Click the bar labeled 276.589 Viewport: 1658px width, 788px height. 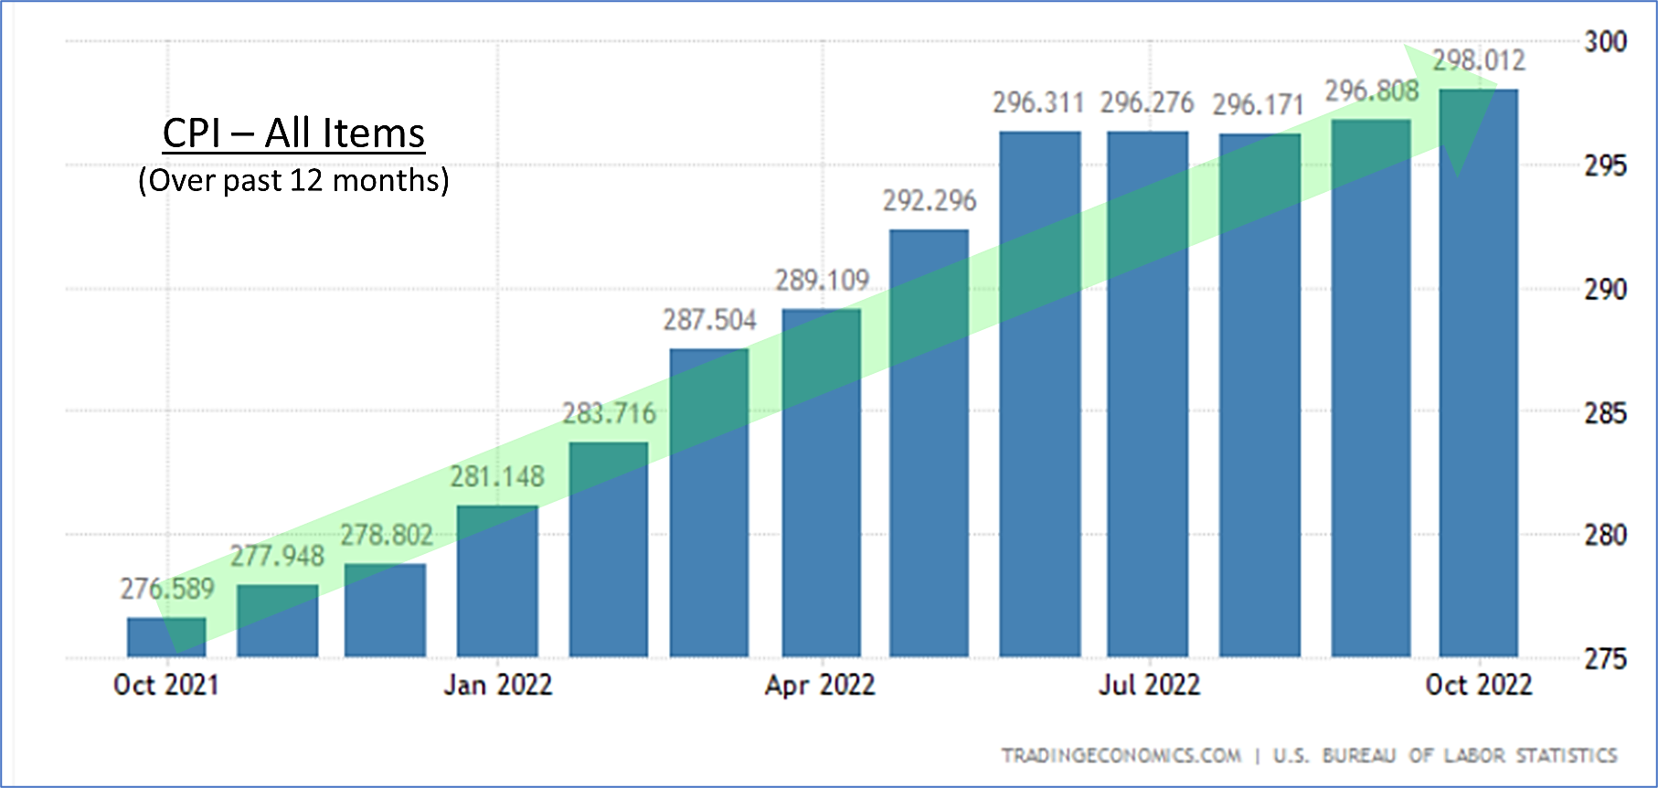click(166, 637)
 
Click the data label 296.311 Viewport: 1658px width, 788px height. click(1038, 103)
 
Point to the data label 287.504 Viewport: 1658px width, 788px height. click(709, 320)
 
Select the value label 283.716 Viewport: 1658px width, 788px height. click(609, 414)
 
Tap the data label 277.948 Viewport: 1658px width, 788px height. click(277, 556)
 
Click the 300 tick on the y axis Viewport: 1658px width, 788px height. click(1605, 41)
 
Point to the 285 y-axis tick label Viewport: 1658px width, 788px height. click(1605, 413)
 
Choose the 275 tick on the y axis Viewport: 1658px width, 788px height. click(1605, 659)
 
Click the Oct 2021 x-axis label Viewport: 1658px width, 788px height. click(166, 685)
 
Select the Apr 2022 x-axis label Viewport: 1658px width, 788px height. click(820, 685)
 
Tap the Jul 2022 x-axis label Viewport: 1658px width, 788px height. click(1149, 685)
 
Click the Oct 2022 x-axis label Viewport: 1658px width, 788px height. click(1478, 685)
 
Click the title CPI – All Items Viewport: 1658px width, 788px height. click(293, 133)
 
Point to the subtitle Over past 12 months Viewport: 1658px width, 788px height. click(293, 180)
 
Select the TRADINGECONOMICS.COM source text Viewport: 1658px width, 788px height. click(1121, 756)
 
